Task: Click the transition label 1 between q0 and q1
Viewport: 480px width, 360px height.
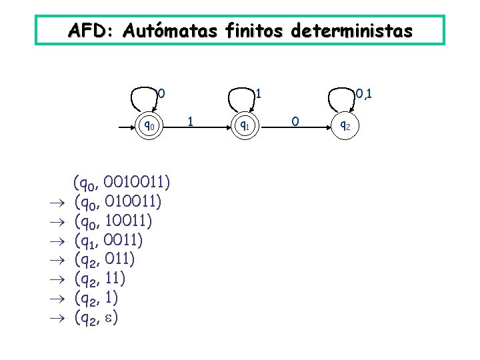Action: pos(191,121)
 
